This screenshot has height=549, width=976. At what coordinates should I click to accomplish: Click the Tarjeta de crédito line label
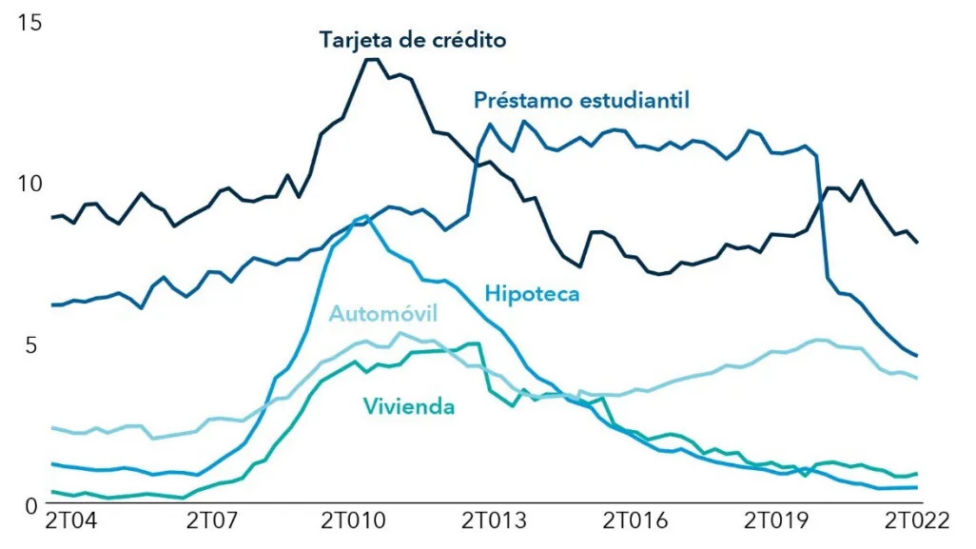(413, 40)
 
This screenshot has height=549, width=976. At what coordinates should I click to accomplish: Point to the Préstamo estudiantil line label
(581, 100)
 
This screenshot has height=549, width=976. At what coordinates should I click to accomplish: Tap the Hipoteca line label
(532, 293)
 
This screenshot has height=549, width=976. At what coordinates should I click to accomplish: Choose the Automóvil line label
(383, 315)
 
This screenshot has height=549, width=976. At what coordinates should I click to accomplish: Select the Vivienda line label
(408, 407)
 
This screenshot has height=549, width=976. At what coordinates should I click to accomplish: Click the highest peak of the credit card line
(372, 59)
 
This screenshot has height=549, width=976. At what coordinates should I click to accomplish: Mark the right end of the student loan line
(917, 357)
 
